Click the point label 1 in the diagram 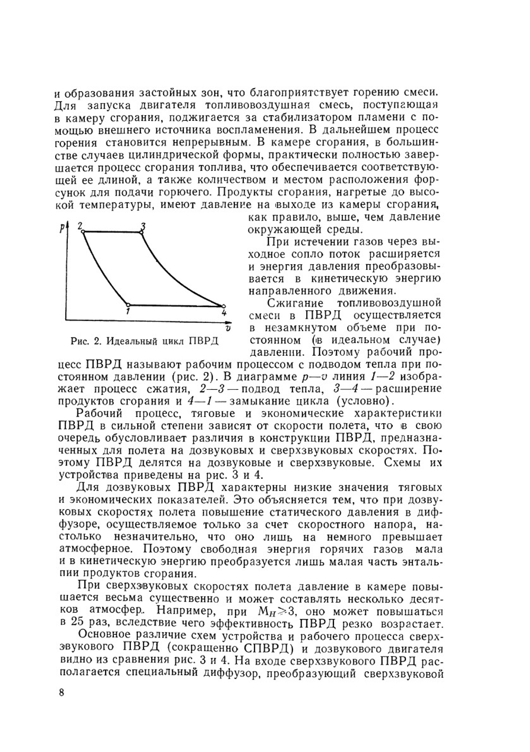(128, 312)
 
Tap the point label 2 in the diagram (81, 226)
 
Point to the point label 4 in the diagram (224, 313)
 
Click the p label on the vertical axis (63, 229)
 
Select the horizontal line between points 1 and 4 (175, 305)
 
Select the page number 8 (62, 693)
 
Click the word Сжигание (296, 303)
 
